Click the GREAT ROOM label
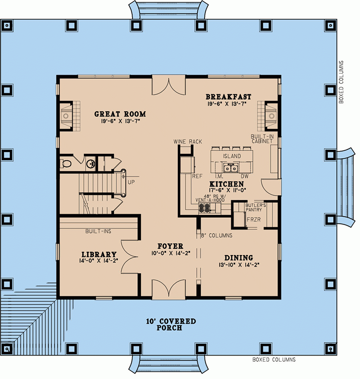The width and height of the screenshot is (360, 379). pos(120,114)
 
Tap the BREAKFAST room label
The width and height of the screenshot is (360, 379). pos(228,97)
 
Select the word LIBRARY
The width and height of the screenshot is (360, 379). pos(99,254)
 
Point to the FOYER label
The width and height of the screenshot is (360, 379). pos(170,246)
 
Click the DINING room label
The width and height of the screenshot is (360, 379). pos(239,257)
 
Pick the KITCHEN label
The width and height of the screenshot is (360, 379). pos(226,184)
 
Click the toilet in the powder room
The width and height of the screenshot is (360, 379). pos(66,163)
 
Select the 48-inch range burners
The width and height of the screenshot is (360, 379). pos(204,208)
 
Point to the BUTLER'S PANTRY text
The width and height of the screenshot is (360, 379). pos(256,207)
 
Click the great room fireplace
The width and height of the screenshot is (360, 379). pos(67,115)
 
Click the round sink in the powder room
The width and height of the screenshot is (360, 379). pos(90,164)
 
